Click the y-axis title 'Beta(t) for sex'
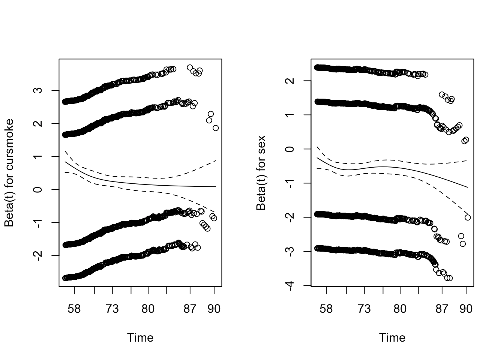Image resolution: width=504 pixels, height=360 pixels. coord(261,173)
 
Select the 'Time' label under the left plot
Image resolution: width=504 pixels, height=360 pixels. coord(140,338)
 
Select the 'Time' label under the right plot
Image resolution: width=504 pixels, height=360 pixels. coord(392,338)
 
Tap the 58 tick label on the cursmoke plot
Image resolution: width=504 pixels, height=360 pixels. coord(74,309)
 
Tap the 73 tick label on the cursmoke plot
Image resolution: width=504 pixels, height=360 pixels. coord(112,309)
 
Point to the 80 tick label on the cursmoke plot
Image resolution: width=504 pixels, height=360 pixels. coord(148,309)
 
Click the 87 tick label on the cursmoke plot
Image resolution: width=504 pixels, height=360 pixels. coord(190,309)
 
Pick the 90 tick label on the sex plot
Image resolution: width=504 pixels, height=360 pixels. coord(466,309)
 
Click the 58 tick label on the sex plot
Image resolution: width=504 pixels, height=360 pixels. coord(326,309)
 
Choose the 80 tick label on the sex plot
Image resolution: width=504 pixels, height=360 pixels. coord(400,309)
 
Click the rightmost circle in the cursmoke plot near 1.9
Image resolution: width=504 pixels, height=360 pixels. coord(216,128)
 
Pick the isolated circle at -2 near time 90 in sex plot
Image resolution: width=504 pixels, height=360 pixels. coord(468,217)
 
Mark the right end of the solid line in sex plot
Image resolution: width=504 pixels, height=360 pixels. coord(468,187)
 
